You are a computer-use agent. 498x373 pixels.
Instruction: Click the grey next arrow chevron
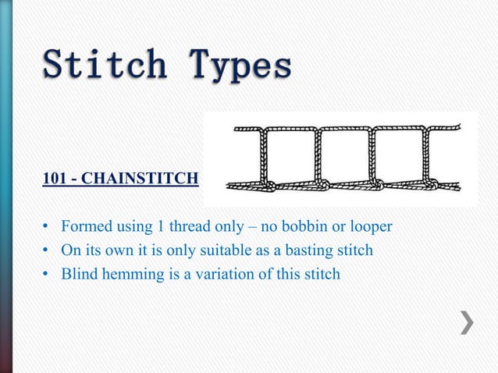point(467,321)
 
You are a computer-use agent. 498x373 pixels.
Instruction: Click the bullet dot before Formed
point(46,228)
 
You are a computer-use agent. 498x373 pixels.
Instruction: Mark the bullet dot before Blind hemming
point(46,274)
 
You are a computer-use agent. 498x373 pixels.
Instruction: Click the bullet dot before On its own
point(46,251)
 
